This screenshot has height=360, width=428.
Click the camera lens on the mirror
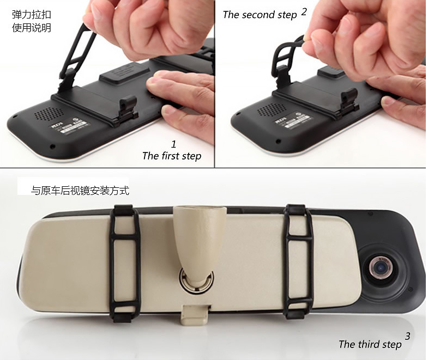click(x=382, y=268)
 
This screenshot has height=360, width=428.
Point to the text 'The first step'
click(x=172, y=156)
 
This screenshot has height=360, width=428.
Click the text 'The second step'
click(x=260, y=15)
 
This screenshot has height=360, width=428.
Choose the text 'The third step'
click(x=370, y=344)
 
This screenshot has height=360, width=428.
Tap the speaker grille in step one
click(x=49, y=114)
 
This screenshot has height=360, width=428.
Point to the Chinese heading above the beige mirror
click(x=80, y=191)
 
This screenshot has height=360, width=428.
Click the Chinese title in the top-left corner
click(x=32, y=21)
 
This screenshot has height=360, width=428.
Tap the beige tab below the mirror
click(x=195, y=315)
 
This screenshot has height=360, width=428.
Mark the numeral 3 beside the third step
click(x=407, y=336)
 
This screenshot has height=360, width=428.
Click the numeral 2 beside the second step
click(x=304, y=12)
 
